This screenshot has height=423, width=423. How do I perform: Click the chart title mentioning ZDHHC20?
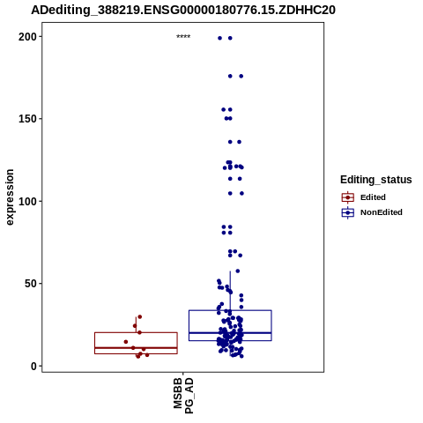[x=183, y=11]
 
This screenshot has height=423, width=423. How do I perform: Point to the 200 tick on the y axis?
[x=27, y=37]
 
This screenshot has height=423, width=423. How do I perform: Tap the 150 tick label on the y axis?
[x=27, y=119]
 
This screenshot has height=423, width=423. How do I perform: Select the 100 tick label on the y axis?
[x=27, y=202]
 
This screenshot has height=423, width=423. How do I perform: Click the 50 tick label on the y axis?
[x=31, y=284]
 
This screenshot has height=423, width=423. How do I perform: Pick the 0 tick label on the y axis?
[x=34, y=367]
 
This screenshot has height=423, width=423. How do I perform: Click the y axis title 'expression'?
[x=10, y=197]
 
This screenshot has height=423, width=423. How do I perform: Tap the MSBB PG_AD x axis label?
[x=183, y=396]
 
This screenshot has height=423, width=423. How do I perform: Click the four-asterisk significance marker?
[x=183, y=37]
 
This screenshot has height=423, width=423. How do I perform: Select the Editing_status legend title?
[x=376, y=180]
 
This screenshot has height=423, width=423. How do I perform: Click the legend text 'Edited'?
[x=373, y=197]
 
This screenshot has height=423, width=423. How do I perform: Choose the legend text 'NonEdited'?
[x=382, y=212]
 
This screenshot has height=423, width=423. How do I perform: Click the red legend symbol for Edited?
[x=348, y=197]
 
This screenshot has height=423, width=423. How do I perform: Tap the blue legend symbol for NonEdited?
[x=348, y=212]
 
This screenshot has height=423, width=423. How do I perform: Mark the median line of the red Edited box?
[x=136, y=348]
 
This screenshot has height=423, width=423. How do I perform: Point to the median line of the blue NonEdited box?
[x=230, y=333]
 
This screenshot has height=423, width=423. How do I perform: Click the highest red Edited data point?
[x=140, y=316]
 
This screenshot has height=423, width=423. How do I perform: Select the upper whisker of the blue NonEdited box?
[x=230, y=291]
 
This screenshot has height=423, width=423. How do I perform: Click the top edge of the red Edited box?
[x=136, y=332]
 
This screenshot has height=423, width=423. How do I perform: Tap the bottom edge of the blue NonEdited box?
[x=230, y=341]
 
